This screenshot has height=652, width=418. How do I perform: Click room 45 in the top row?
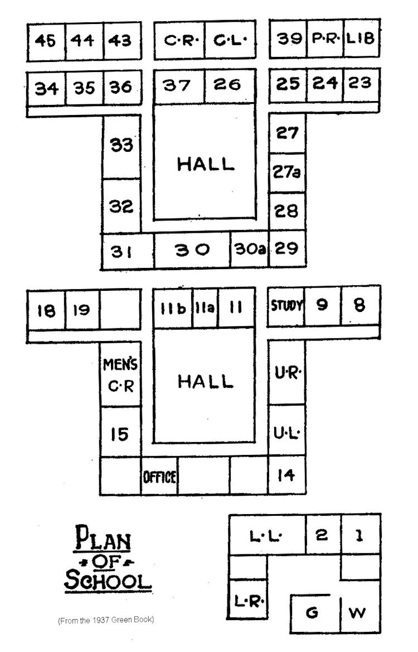[x=46, y=41]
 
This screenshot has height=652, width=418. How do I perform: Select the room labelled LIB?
[x=361, y=39]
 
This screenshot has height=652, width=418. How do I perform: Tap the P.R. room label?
[x=325, y=39]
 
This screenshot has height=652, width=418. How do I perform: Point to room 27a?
[x=287, y=172]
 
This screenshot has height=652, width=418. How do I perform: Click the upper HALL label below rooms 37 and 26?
[x=206, y=164]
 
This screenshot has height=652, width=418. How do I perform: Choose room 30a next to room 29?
[x=249, y=249]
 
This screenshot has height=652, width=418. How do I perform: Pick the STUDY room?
[x=286, y=306]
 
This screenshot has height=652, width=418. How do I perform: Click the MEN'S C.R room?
[x=121, y=374]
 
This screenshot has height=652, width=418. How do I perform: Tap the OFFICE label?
[x=160, y=477]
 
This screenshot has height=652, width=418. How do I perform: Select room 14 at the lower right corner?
[x=287, y=475]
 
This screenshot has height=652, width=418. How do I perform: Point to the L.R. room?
[x=248, y=599]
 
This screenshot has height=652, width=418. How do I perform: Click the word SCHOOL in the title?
[x=108, y=581]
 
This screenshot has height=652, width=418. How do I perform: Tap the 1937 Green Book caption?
[x=106, y=620]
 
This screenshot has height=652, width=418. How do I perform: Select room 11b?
[x=173, y=308]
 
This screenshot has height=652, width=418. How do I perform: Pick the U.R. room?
[x=287, y=372]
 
